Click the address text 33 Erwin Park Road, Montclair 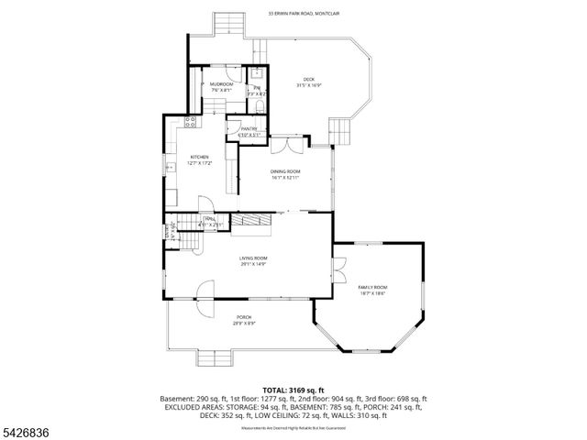coord(302,14)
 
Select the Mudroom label coord(221,86)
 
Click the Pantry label coord(249,132)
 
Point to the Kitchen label coord(200,159)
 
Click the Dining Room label coord(285,174)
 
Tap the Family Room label coord(372,290)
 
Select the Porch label coord(244,320)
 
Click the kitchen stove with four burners coord(192,121)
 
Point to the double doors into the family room coord(340,270)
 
